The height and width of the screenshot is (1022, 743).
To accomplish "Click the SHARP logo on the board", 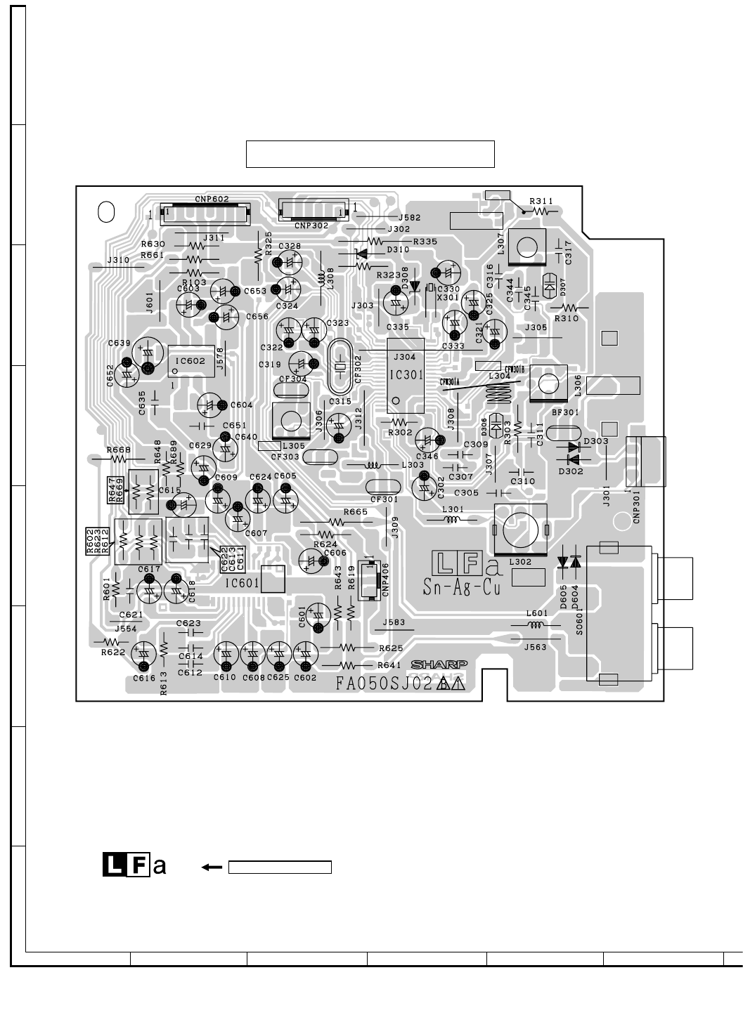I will click(x=439, y=664).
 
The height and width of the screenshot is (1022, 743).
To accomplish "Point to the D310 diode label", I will click(x=399, y=249).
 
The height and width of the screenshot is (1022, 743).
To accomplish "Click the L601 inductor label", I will click(x=537, y=613).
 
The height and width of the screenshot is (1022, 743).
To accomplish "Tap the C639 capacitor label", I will click(x=119, y=343).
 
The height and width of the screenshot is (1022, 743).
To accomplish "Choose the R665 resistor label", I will click(x=356, y=512).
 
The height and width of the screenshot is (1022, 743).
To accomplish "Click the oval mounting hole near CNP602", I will click(x=106, y=211).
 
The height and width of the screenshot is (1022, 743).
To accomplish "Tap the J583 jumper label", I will click(x=394, y=622).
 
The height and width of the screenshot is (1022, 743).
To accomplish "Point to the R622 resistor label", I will click(x=112, y=653).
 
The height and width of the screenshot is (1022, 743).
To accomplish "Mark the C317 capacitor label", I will click(x=569, y=253).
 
